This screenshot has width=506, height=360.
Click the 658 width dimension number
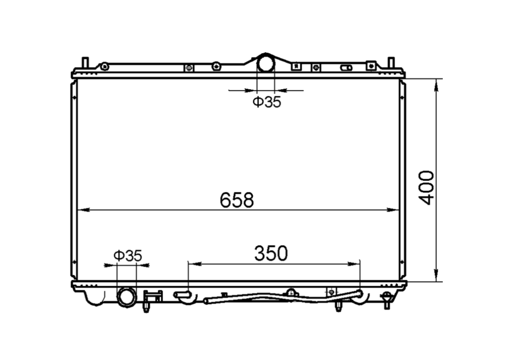237,200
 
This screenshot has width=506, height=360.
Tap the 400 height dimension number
426,187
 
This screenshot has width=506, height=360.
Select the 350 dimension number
271,253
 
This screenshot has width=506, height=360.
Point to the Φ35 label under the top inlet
266,103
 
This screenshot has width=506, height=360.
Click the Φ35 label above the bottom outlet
127,255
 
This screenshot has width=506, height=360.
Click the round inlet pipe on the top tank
265,64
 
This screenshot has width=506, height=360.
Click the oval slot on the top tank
347,68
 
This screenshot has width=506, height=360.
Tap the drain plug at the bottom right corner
386,299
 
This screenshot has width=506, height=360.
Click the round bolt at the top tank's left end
104,67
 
